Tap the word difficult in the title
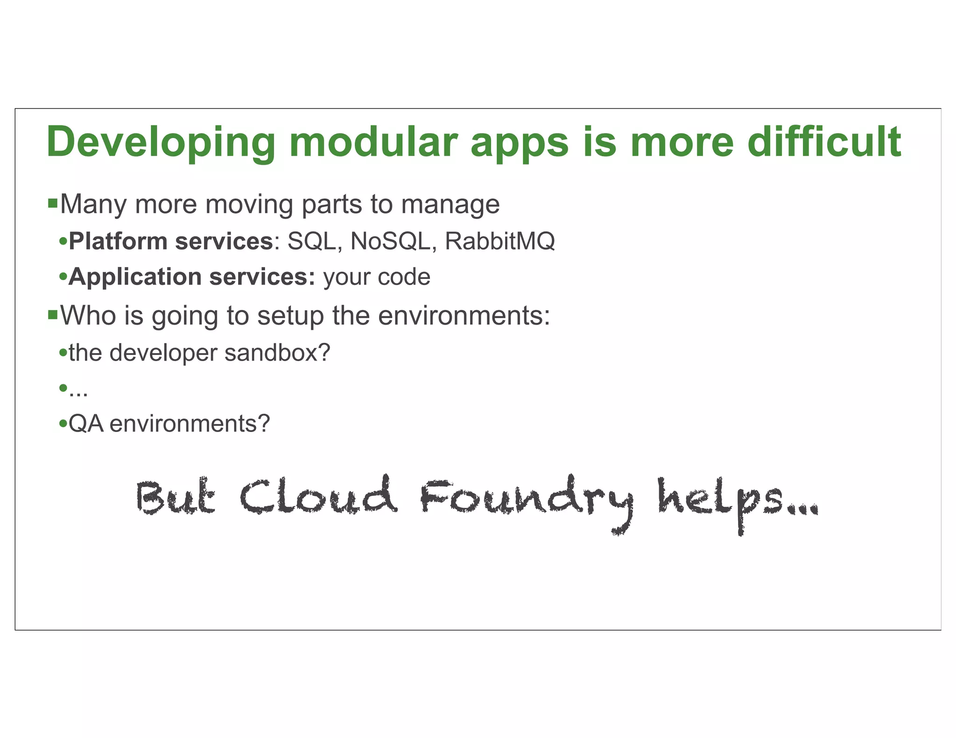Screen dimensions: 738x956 coord(824,142)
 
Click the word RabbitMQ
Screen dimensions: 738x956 coord(499,242)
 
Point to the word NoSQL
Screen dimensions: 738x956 coord(390,242)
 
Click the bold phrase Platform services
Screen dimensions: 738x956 coord(171,242)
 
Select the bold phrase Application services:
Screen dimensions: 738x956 coord(192,277)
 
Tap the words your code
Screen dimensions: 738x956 coord(377,277)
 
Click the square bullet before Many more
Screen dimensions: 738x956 coord(53,203)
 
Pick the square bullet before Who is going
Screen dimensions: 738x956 coord(53,315)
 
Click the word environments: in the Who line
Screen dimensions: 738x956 coord(464,316)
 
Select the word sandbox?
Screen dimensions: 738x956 coord(277,353)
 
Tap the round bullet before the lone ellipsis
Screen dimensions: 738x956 coord(63,388)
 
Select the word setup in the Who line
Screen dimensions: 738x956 coord(290,316)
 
